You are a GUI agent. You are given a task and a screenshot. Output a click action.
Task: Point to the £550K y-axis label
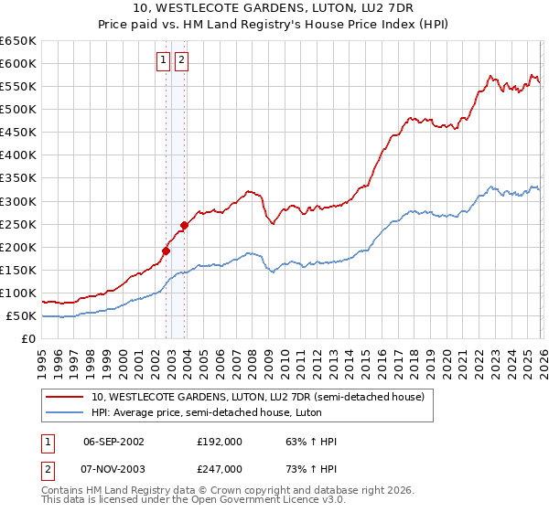tap(18, 87)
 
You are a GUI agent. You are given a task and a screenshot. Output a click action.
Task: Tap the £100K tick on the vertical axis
tap(18, 293)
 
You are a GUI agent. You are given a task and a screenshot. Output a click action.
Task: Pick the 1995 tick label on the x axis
tap(42, 356)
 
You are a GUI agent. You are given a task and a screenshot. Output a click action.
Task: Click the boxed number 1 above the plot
tap(163, 61)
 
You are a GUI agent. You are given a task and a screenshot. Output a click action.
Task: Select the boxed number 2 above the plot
tap(181, 61)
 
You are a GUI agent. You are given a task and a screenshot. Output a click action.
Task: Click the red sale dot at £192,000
tap(166, 250)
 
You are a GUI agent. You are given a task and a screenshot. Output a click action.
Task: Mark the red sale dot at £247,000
tap(184, 225)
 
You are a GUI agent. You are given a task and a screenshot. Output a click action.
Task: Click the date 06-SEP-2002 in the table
tap(113, 442)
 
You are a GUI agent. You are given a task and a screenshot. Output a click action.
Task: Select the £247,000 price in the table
tap(220, 469)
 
